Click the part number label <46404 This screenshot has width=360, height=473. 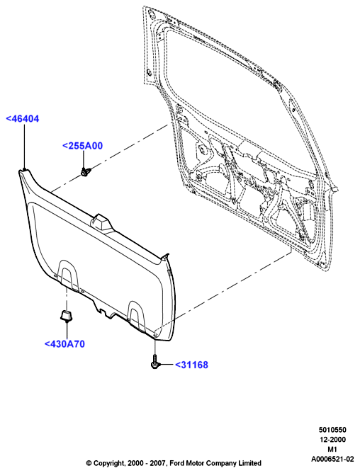click(23, 118)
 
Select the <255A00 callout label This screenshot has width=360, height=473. click(82, 146)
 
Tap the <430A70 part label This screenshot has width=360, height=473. click(64, 344)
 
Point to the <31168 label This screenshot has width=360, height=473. click(192, 365)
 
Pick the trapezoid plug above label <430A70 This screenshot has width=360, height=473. click(66, 316)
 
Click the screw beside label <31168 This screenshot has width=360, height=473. click(155, 362)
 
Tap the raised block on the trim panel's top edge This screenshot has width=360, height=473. click(100, 222)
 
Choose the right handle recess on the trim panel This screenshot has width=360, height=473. click(137, 315)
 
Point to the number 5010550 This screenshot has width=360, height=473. click(332, 430)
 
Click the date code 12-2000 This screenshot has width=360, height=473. click(332, 439)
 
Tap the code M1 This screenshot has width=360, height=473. click(332, 449)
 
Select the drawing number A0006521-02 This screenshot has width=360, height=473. click(332, 459)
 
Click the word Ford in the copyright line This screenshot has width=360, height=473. click(176, 463)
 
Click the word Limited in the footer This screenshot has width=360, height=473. click(249, 463)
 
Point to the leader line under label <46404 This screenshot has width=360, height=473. click(24, 146)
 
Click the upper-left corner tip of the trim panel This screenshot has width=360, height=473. click(19, 171)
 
